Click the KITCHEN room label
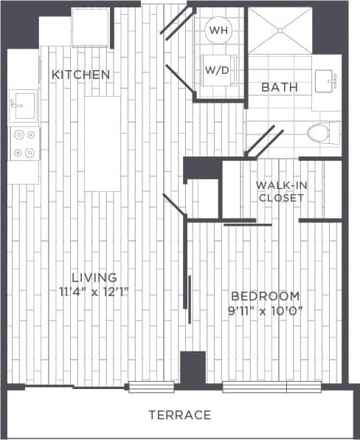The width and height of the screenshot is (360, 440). [81, 75]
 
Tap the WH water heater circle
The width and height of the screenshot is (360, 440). [218, 30]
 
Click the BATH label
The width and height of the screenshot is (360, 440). [280, 87]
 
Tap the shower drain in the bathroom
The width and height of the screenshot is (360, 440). [280, 30]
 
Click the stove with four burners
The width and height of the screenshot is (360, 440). [24, 144]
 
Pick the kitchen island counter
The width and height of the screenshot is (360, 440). [102, 143]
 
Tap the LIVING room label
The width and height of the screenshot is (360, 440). [94, 277]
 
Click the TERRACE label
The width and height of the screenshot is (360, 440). [179, 415]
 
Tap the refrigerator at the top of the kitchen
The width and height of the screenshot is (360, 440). [90, 28]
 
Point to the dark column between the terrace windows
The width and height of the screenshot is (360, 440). [193, 368]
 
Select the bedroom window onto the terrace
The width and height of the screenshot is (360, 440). [272, 386]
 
